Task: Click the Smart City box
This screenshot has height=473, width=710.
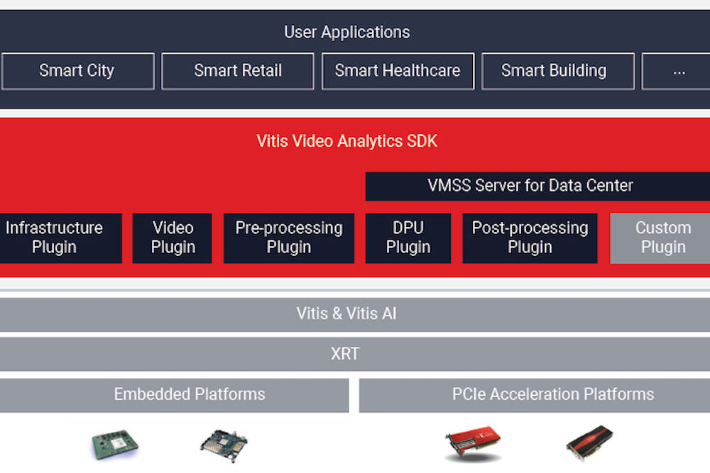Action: [x=77, y=71]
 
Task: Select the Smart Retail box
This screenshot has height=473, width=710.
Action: [x=238, y=71]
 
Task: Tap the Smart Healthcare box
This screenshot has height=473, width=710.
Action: [x=398, y=71]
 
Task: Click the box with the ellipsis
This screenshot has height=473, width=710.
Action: [x=677, y=71]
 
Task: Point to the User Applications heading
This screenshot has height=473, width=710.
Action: [x=346, y=32]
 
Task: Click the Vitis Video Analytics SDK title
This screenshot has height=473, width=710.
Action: [x=346, y=141]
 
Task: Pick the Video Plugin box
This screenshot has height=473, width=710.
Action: [x=173, y=238]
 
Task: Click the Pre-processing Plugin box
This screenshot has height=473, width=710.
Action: [x=289, y=238]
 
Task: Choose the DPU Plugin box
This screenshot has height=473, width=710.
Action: [x=408, y=238]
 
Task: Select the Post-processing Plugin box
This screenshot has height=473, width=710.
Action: [x=530, y=238]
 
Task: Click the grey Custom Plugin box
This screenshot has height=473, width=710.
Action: [x=662, y=238]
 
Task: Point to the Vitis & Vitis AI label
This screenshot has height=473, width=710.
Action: [x=346, y=314]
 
